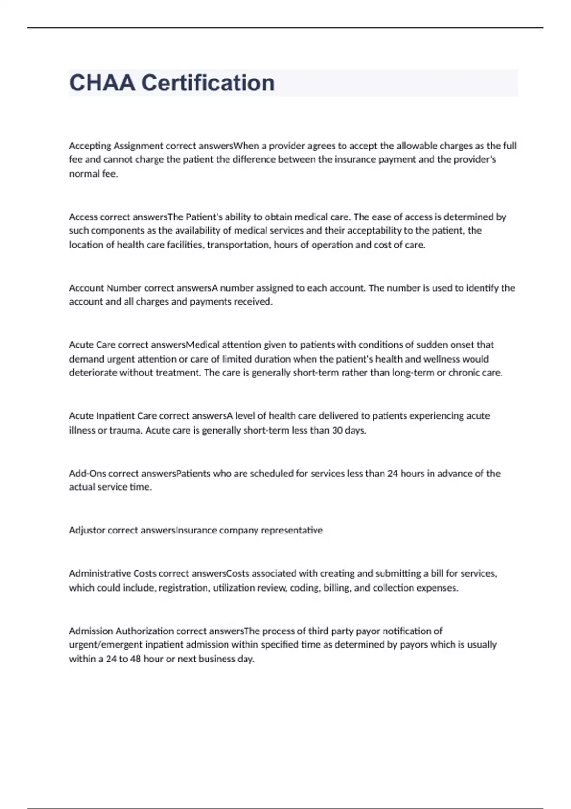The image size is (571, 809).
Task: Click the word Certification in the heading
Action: [208, 83]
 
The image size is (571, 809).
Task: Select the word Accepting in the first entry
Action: [90, 146]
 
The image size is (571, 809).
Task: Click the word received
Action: [253, 302]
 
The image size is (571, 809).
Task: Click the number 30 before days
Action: [337, 430]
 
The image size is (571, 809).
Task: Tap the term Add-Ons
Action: [88, 474]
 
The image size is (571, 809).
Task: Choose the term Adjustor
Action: [87, 530]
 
